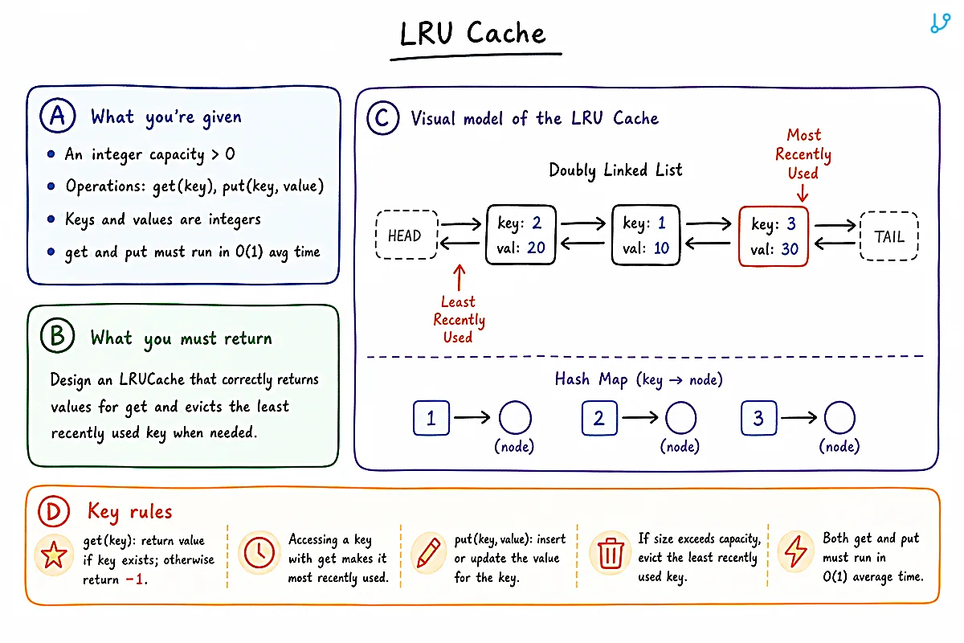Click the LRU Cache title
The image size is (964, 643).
click(x=472, y=33)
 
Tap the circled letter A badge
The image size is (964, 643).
click(x=58, y=116)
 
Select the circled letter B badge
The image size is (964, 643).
click(x=57, y=335)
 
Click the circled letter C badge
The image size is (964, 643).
click(x=382, y=118)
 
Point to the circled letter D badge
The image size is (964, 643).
click(x=54, y=511)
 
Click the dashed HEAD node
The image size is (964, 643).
click(x=406, y=235)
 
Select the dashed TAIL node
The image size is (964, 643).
click(x=889, y=236)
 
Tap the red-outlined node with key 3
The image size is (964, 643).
click(x=774, y=236)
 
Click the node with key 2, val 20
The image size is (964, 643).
click(x=521, y=235)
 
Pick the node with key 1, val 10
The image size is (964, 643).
click(x=646, y=235)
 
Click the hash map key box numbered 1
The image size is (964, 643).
click(x=431, y=418)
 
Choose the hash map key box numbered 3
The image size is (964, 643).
click(x=758, y=418)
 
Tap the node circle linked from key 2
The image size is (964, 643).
click(x=681, y=418)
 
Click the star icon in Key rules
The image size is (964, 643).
click(x=54, y=555)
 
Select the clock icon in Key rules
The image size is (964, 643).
click(x=259, y=552)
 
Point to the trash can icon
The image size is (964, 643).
click(x=611, y=553)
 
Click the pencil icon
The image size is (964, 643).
click(x=428, y=552)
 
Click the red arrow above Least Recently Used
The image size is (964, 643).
click(x=460, y=277)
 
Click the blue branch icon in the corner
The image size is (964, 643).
click(x=940, y=23)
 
